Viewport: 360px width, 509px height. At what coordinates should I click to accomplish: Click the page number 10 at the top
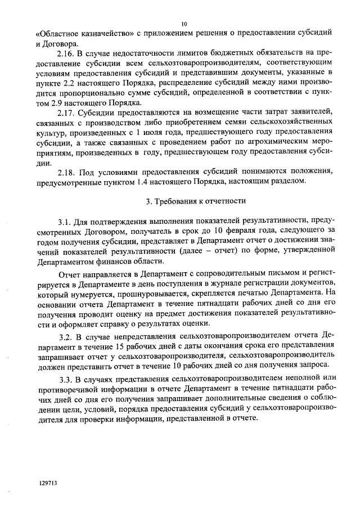click(x=184, y=24)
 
